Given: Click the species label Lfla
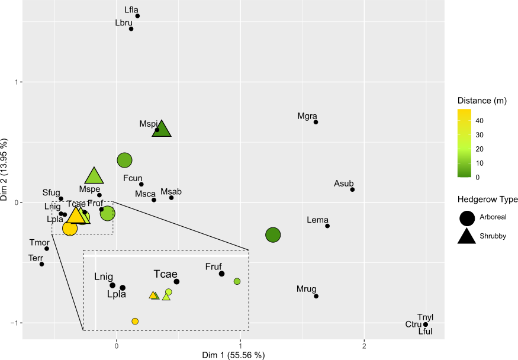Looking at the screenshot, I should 131,9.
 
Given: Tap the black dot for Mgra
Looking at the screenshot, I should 316,122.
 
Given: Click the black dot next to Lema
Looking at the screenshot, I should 327,226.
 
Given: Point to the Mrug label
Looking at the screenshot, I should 306,290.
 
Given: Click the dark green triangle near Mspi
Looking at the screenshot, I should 162,128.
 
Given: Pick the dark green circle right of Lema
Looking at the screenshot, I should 272,235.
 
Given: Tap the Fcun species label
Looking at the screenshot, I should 133,178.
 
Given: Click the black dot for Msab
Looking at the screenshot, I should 171,197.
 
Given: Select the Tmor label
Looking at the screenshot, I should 38,242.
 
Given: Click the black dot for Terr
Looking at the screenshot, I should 41,264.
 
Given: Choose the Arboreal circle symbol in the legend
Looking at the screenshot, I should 466,217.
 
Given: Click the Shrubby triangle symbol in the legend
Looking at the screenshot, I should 466,236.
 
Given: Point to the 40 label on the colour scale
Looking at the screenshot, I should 480,121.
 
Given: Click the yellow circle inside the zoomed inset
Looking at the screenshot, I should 135,321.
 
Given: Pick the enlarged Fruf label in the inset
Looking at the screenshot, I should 214,267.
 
